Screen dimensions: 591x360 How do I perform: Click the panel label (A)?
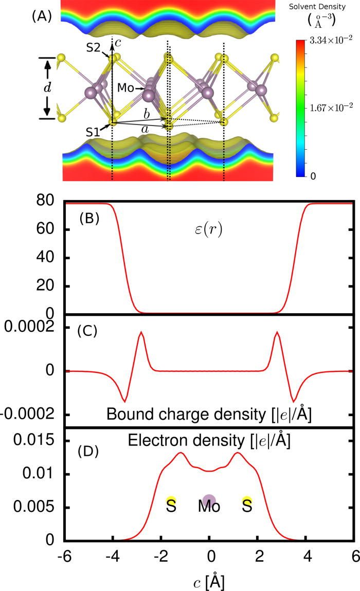point(42,16)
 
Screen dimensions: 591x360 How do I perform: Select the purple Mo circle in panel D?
point(209,499)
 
